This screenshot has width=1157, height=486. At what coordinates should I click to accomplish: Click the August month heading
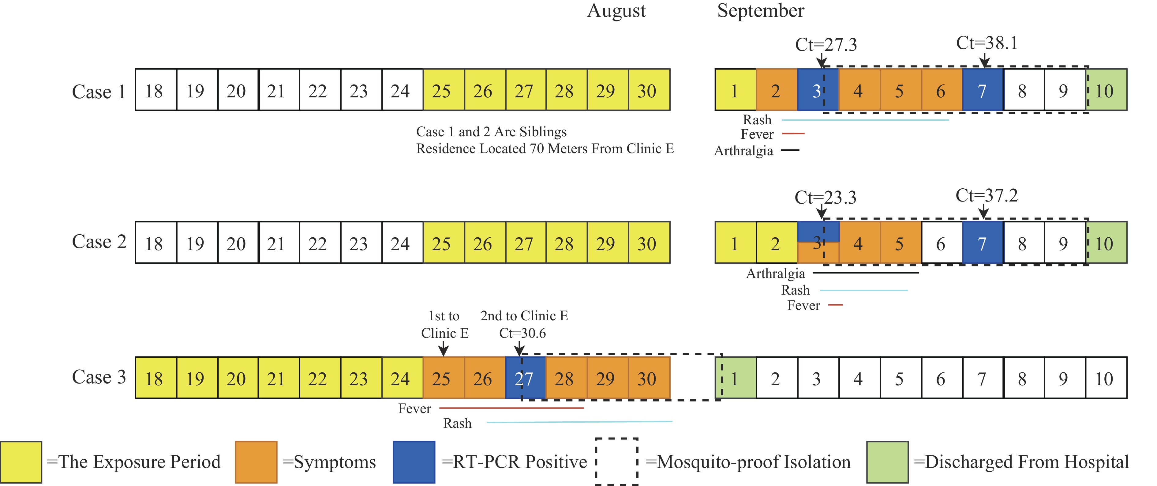tap(616, 11)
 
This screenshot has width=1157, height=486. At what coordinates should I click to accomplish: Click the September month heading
tap(760, 11)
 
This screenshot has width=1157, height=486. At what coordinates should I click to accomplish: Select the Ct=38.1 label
tap(987, 43)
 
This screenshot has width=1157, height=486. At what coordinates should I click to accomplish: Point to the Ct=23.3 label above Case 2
tap(825, 198)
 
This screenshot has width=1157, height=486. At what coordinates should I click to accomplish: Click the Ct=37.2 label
tap(986, 196)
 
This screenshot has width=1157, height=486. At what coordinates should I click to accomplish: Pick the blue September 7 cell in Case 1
tap(982, 90)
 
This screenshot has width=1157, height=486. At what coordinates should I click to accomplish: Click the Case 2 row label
tap(99, 242)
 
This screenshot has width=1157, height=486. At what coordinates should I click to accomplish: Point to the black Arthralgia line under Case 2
tap(866, 273)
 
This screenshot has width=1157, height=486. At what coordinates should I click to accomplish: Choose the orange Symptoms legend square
tap(256, 462)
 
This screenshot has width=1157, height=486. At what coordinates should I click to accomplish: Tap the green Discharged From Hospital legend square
tap(887, 462)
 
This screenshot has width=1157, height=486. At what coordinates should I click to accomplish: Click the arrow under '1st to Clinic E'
tap(443, 348)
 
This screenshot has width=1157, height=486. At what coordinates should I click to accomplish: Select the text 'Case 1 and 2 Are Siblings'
tap(491, 132)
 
